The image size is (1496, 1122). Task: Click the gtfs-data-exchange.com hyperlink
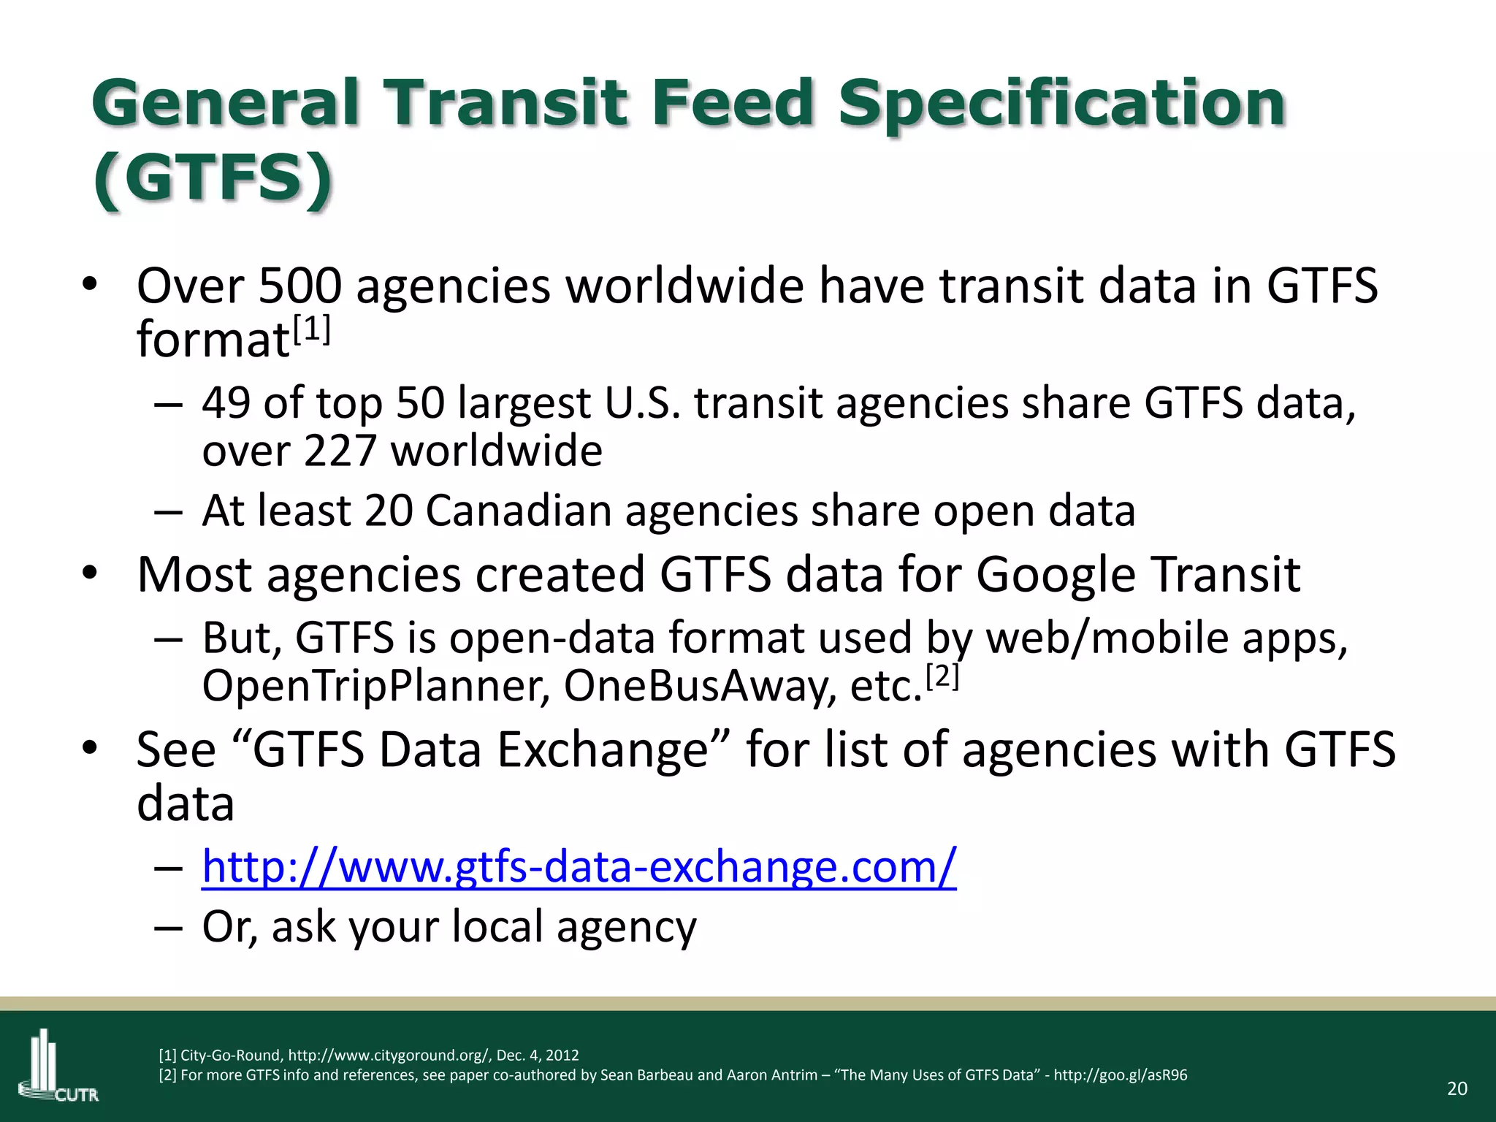[x=579, y=867]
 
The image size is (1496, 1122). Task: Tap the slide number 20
[x=1457, y=1088]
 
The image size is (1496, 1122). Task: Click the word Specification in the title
[x=1061, y=103]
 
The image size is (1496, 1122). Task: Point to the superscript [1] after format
[x=312, y=330]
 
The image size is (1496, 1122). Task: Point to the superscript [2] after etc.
[x=942, y=677]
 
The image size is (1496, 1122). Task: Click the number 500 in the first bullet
[x=299, y=286]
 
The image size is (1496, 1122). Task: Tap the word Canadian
[x=518, y=511]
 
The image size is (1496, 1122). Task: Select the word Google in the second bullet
[x=1056, y=575]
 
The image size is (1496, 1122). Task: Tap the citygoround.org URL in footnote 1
[x=389, y=1055]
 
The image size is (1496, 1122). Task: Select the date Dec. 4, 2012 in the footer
[x=538, y=1055]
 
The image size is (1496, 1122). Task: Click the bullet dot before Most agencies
[x=89, y=573]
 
